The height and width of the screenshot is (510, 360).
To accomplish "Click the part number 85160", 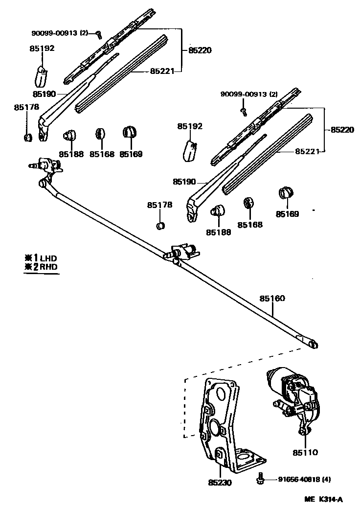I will (x=272, y=299).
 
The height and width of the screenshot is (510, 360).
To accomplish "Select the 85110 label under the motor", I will (x=305, y=452).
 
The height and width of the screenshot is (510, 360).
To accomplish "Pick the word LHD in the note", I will (x=49, y=258).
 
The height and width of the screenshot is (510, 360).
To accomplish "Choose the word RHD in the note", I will (x=49, y=267).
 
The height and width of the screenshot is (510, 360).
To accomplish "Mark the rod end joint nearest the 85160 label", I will (x=312, y=344).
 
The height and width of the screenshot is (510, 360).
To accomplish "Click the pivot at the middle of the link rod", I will (x=183, y=253).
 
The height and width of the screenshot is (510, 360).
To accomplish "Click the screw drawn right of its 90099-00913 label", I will (x=98, y=34).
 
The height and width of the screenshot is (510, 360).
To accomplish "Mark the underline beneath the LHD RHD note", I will (x=42, y=274).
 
